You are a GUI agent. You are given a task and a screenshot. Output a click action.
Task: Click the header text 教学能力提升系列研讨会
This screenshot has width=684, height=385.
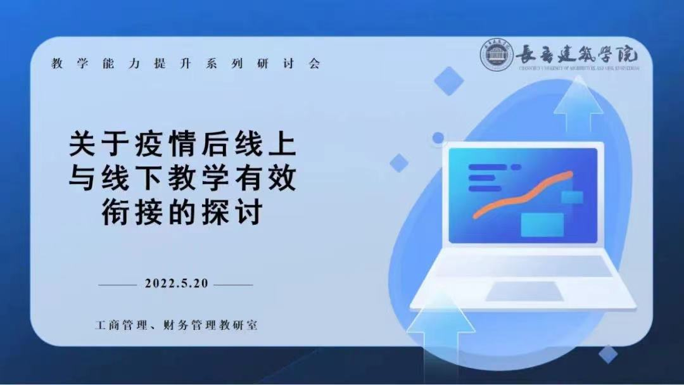coord(186,64)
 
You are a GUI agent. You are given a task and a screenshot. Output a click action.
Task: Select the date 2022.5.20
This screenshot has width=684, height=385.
coord(176,283)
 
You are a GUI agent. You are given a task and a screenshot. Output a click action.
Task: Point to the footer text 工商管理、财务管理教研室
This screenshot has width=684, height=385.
coord(176,325)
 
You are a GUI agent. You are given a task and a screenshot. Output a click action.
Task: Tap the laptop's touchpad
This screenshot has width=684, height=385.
coord(524,291)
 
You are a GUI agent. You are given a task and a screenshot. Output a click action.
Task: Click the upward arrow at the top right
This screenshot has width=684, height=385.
coord(578,104)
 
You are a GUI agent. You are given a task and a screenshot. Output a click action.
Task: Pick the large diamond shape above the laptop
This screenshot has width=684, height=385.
coord(449,80)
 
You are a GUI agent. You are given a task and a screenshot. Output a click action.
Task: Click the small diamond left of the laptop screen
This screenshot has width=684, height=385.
coord(399,163)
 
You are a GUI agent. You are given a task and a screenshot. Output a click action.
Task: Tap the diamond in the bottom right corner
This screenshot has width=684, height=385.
coord(608,354)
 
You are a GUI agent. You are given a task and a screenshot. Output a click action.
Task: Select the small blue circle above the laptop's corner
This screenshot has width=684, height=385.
coord(438,138)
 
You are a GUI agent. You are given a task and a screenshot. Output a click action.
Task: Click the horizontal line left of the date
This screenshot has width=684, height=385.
coord(117,284)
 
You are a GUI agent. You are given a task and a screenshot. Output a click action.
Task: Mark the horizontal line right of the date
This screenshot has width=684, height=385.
coord(234,284)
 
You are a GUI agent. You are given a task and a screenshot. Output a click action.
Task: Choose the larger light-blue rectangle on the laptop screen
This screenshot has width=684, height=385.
coord(542,224)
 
